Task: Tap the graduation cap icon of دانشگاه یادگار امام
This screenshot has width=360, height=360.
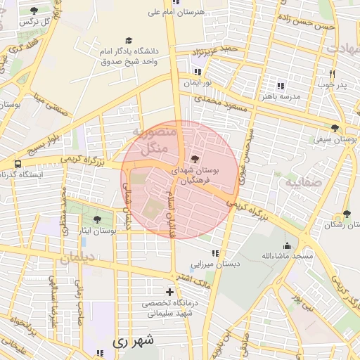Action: (128, 41)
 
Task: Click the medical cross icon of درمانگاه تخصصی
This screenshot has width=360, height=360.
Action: (169, 291)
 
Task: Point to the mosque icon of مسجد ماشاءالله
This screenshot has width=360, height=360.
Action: (287, 245)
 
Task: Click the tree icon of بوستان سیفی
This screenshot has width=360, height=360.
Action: (334, 129)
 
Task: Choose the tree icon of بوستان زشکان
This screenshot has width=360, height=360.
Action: (346, 214)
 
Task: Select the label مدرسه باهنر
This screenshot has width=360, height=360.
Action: (281, 96)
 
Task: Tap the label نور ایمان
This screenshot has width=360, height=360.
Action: (198, 82)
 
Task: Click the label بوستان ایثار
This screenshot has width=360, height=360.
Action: (99, 230)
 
